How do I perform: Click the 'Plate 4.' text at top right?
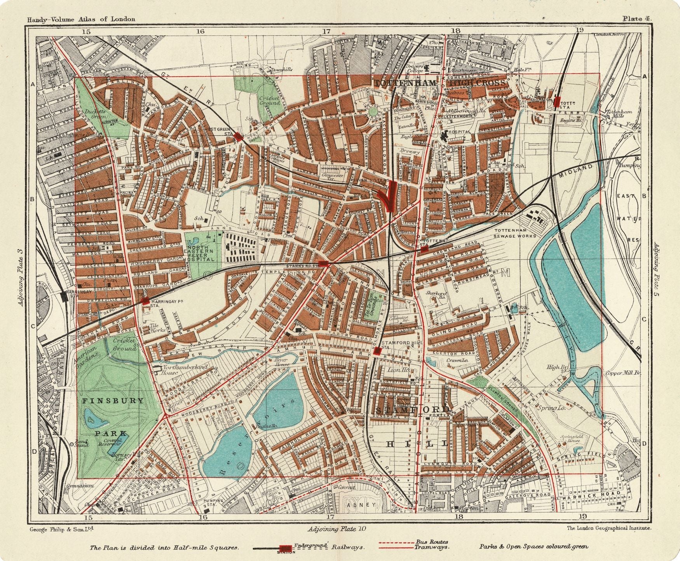[637, 18]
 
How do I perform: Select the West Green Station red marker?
[239, 136]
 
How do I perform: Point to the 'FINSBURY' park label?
[113, 401]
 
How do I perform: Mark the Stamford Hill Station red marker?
[377, 351]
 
